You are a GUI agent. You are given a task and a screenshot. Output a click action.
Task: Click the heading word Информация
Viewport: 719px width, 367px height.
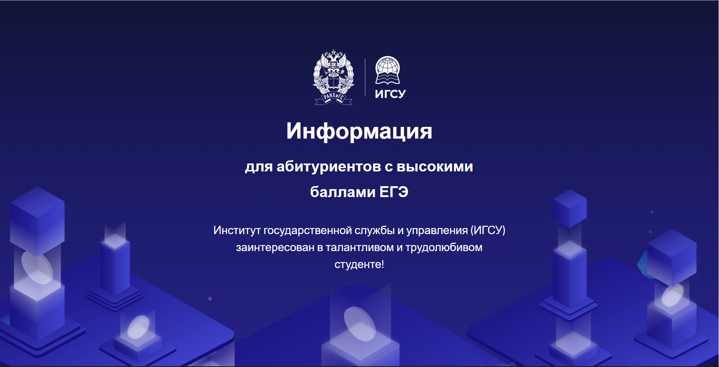359,131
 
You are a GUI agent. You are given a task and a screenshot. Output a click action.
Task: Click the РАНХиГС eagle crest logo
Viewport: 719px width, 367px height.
334,77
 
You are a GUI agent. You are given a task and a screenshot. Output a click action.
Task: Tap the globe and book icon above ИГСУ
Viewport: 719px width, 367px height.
387,70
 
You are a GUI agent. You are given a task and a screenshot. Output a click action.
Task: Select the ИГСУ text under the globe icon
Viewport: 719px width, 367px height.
390,94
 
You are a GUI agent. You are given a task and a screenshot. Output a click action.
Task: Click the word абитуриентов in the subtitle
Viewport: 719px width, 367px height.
329,167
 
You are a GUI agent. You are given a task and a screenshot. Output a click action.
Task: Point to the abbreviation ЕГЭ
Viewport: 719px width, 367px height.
394,192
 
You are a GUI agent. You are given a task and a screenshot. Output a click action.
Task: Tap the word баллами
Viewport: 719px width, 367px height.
343,192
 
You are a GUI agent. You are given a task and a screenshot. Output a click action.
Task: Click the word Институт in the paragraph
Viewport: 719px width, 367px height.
237,230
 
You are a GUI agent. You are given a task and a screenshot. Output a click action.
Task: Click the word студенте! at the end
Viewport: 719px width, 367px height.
359,264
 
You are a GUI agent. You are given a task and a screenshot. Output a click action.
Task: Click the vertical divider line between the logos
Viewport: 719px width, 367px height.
365,77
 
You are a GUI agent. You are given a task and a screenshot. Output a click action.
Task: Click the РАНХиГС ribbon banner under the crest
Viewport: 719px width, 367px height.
334,98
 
